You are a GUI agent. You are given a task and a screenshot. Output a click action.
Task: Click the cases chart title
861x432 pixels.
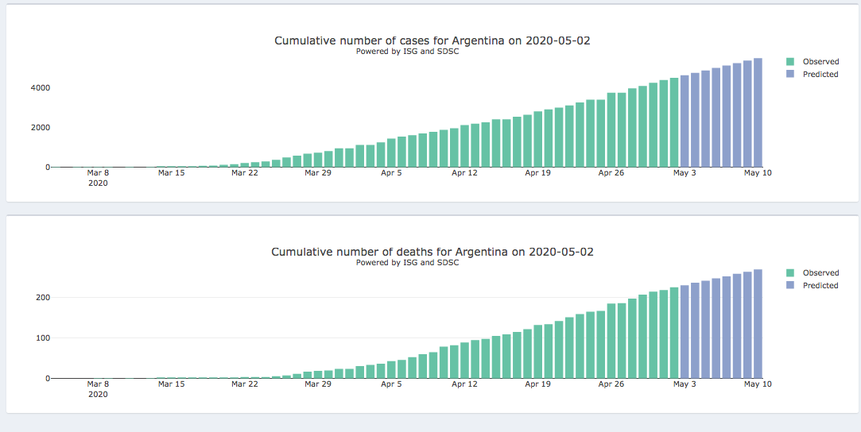click(x=432, y=40)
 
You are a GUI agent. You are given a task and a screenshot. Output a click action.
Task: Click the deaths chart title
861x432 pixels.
click(x=432, y=252)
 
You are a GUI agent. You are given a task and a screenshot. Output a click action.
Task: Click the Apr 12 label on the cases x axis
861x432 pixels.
click(x=464, y=172)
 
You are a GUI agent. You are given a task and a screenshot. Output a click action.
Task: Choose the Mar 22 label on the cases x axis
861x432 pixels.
click(x=244, y=172)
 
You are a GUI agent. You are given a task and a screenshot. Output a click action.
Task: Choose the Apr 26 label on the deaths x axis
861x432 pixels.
click(x=611, y=384)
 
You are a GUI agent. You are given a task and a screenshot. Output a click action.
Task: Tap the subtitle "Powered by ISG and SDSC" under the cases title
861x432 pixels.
click(x=407, y=52)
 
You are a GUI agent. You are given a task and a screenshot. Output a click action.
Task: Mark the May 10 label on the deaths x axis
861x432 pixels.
click(x=758, y=384)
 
